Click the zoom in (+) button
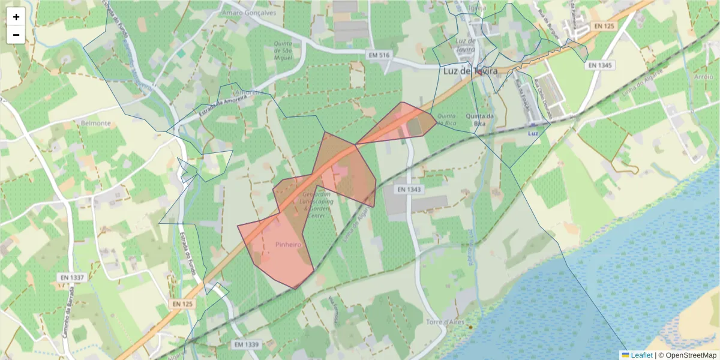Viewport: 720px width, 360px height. click(16, 17)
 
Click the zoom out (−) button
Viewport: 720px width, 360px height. click(16, 35)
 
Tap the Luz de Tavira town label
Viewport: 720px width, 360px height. click(470, 70)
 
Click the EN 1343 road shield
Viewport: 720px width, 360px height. click(410, 190)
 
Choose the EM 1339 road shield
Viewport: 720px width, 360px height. click(246, 344)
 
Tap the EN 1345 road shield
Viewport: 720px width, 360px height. click(600, 65)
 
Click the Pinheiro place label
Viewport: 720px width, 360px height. click(288, 245)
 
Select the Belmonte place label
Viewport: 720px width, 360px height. click(95, 123)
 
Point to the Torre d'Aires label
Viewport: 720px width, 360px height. click(445, 322)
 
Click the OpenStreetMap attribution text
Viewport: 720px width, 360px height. click(687, 355)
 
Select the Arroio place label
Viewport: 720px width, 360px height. click(703, 77)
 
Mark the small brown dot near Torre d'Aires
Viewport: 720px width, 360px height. click(470, 327)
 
